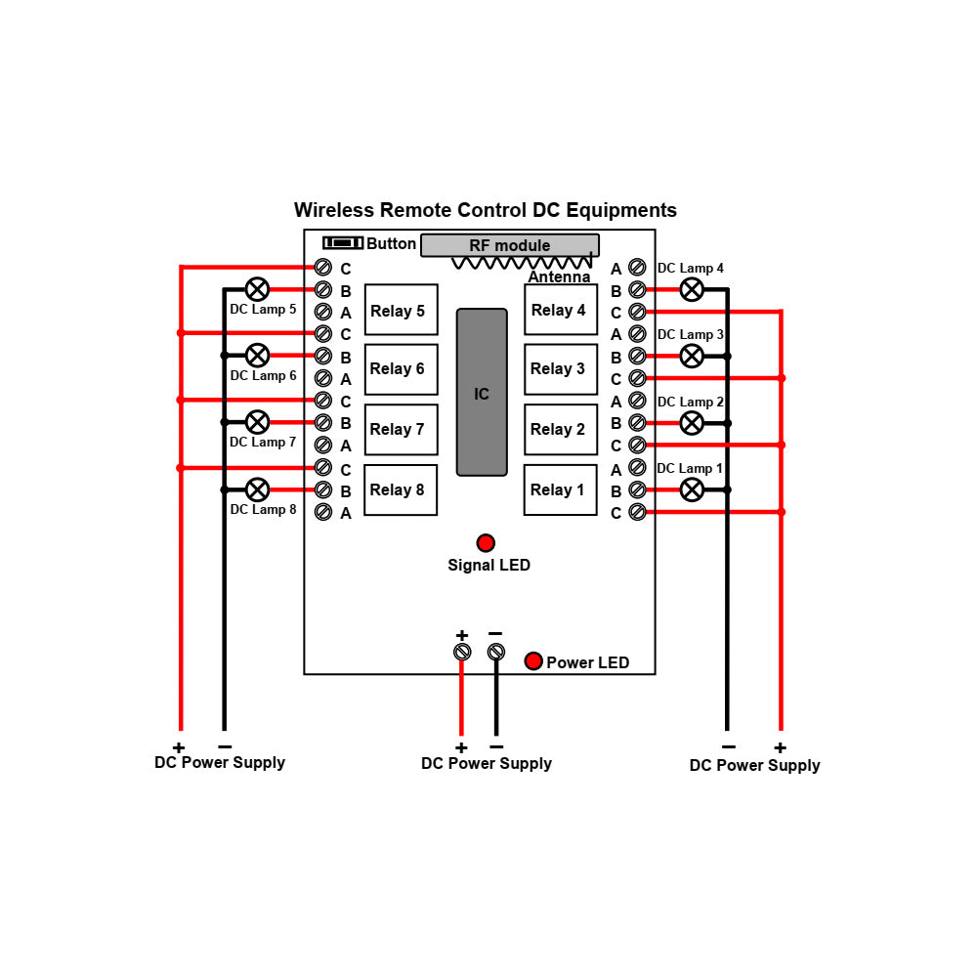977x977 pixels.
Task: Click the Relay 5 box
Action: [401, 310]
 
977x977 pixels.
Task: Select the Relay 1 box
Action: [561, 489]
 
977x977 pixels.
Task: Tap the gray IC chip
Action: [482, 393]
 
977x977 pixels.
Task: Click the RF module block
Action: [509, 245]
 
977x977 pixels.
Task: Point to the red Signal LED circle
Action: [486, 543]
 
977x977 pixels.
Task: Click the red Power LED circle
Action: [533, 661]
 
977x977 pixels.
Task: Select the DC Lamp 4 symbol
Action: [692, 289]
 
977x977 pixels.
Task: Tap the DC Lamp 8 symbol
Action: [257, 489]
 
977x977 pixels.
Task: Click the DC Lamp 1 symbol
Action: [692, 489]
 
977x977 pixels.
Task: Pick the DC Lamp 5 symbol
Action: [257, 289]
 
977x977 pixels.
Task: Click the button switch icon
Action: [343, 242]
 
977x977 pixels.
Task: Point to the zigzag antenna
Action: [522, 263]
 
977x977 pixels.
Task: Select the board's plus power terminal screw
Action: [462, 652]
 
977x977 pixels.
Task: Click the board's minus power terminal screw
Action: [496, 652]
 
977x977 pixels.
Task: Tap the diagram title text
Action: [486, 210]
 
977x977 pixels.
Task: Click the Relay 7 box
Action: [401, 430]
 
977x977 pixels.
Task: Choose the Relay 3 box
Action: [561, 369]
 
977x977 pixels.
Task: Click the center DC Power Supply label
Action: [486, 764]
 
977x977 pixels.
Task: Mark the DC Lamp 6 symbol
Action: [257, 356]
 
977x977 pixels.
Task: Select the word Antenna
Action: [559, 277]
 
